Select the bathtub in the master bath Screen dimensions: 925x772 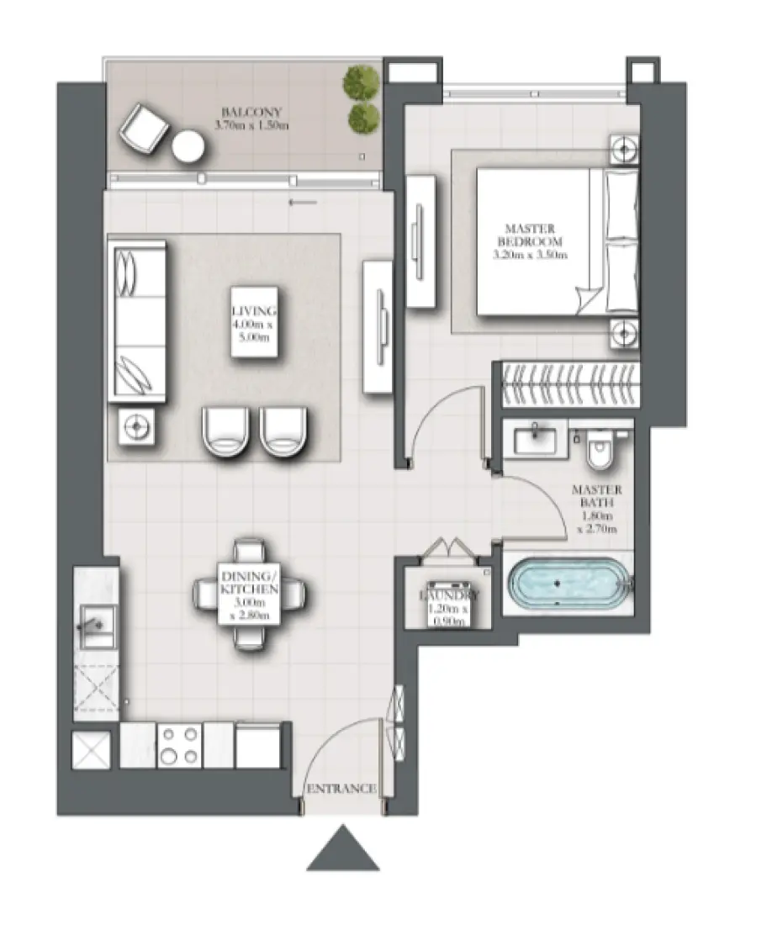click(569, 584)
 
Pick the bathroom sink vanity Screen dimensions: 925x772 click(534, 439)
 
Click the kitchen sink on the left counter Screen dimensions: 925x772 click(97, 624)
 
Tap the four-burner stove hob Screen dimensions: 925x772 click(179, 745)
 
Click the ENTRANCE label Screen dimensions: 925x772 click(341, 789)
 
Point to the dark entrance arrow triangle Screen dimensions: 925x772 click(342, 848)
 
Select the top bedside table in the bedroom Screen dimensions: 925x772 click(623, 149)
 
